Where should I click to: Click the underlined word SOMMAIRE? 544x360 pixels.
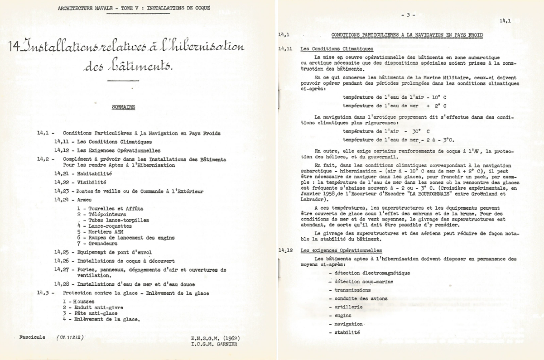click(x=123, y=107)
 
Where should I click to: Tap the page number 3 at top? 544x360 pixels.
click(x=408, y=15)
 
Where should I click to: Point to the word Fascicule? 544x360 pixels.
click(x=33, y=338)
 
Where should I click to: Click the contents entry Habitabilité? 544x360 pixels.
click(x=94, y=173)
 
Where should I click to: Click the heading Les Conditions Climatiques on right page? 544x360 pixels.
click(x=337, y=49)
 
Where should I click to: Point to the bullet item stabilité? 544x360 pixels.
click(x=347, y=332)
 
